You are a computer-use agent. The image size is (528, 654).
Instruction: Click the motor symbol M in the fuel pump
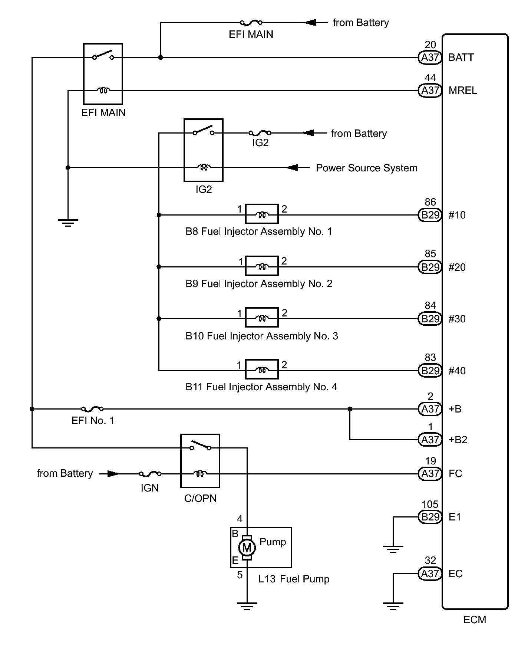(x=247, y=547)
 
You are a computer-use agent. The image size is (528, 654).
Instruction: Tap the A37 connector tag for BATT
(x=430, y=57)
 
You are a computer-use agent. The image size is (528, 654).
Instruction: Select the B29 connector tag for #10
(x=430, y=215)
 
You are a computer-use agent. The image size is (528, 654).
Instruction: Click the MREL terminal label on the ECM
(x=463, y=91)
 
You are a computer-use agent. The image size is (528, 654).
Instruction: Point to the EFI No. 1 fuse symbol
(x=92, y=409)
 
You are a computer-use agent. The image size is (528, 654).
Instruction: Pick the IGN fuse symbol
(x=150, y=474)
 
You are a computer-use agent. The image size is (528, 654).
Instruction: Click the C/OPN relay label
(x=200, y=498)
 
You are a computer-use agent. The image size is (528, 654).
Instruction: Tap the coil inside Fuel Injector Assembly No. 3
(x=262, y=318)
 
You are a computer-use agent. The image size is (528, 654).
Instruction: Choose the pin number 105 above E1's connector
(x=430, y=505)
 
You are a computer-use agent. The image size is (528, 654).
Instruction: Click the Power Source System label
(x=366, y=168)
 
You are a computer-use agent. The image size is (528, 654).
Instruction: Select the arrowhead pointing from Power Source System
(x=293, y=168)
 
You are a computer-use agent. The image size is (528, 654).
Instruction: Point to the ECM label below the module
(x=475, y=620)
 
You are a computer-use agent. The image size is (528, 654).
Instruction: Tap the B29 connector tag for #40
(x=430, y=371)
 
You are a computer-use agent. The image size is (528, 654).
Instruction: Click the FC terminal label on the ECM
(x=455, y=474)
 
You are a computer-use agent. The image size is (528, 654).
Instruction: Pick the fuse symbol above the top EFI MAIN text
(x=251, y=23)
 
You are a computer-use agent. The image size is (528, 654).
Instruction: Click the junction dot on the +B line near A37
(x=350, y=409)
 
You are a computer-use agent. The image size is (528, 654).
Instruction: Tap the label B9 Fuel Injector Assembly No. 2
(x=259, y=284)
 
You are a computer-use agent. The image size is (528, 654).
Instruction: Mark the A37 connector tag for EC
(x=430, y=574)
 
